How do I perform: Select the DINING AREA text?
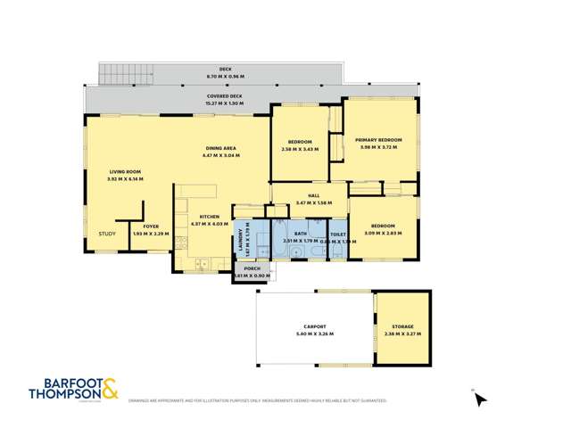tap(220, 149)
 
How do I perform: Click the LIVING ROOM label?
tap(125, 172)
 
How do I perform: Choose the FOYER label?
tap(151, 226)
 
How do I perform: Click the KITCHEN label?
tap(210, 217)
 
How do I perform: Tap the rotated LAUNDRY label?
tap(240, 237)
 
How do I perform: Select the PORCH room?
tap(252, 271)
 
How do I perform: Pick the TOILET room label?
tap(337, 235)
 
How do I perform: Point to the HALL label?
tap(314, 198)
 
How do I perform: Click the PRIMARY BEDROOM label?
tap(378, 140)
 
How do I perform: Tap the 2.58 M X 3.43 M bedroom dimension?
tap(299, 149)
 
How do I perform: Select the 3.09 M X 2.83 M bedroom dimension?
tap(383, 234)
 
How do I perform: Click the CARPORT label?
tap(313, 327)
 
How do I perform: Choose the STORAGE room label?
tap(401, 327)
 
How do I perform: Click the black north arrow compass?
tap(481, 399)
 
